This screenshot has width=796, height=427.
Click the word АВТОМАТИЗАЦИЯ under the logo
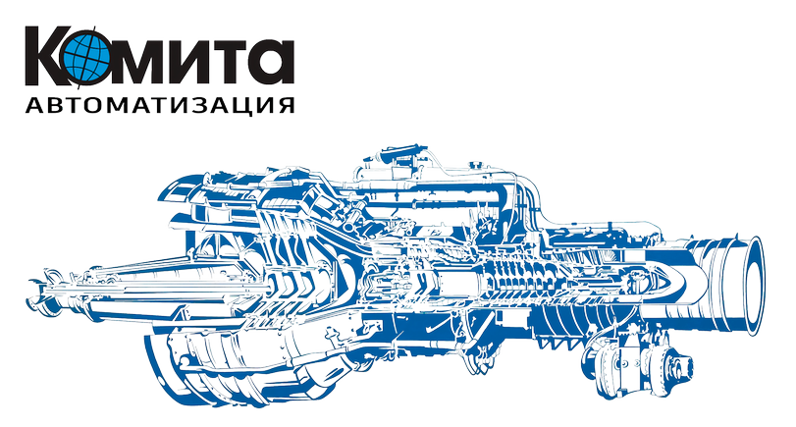[x=160, y=105]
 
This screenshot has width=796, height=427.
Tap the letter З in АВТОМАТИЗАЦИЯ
[x=201, y=105]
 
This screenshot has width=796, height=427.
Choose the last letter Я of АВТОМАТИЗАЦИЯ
[x=286, y=105]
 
